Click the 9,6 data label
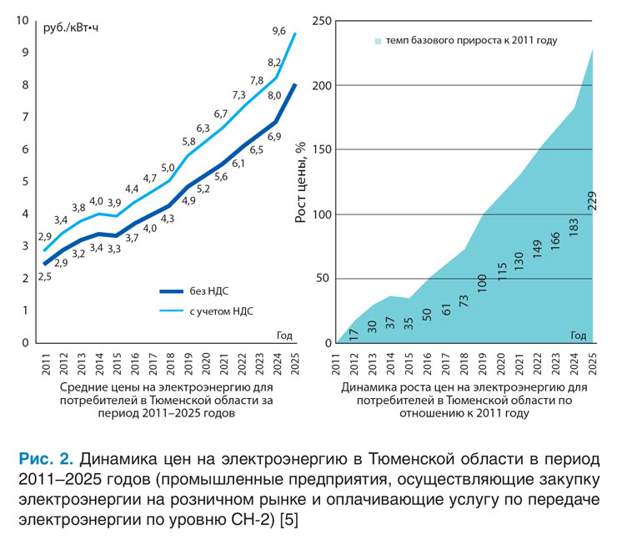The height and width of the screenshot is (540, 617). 279,32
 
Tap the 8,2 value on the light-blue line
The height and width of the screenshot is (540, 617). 274,63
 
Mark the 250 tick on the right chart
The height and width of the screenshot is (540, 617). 320,21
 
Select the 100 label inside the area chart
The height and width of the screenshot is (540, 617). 482,283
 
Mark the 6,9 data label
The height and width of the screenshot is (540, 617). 273,135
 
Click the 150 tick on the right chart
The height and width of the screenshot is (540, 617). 320,150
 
